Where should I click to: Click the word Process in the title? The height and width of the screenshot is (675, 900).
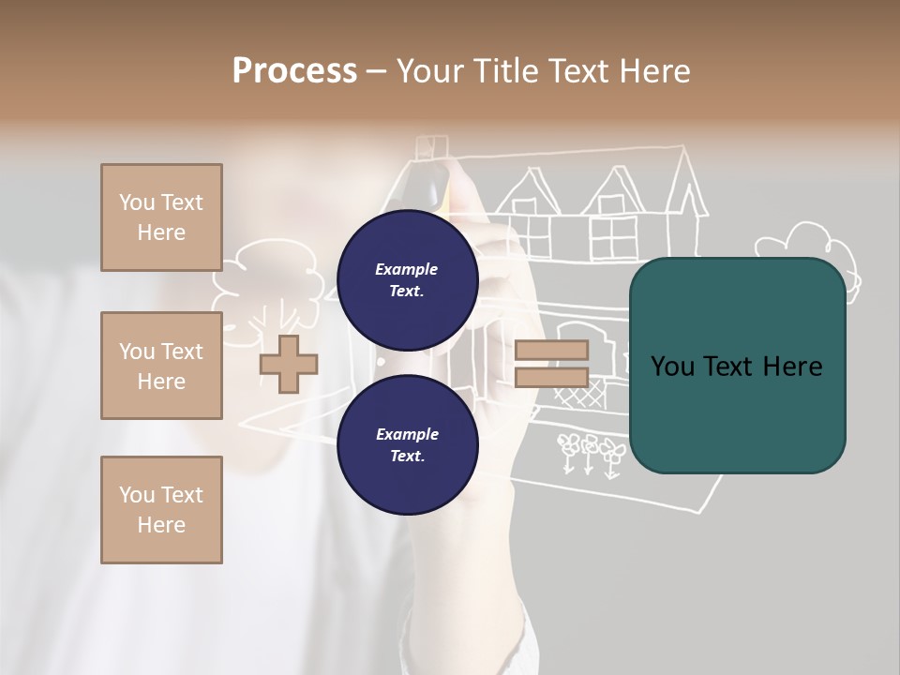[294, 71]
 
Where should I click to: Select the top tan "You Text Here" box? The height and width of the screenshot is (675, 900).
[161, 217]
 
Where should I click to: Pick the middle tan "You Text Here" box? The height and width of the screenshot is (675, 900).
[161, 366]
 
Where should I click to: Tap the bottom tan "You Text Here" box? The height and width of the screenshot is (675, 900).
[161, 510]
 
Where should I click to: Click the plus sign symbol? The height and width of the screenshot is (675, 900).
[288, 364]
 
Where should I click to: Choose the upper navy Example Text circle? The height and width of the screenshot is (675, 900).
[407, 280]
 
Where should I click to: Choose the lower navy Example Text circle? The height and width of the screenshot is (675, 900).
[407, 445]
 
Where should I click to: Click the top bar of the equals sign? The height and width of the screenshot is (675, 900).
[551, 351]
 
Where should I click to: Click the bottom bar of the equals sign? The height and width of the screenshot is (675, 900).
[551, 378]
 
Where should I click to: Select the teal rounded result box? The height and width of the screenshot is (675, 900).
[737, 365]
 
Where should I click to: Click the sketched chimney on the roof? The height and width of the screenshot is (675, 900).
[431, 148]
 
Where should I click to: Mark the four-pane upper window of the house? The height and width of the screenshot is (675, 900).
[613, 236]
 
